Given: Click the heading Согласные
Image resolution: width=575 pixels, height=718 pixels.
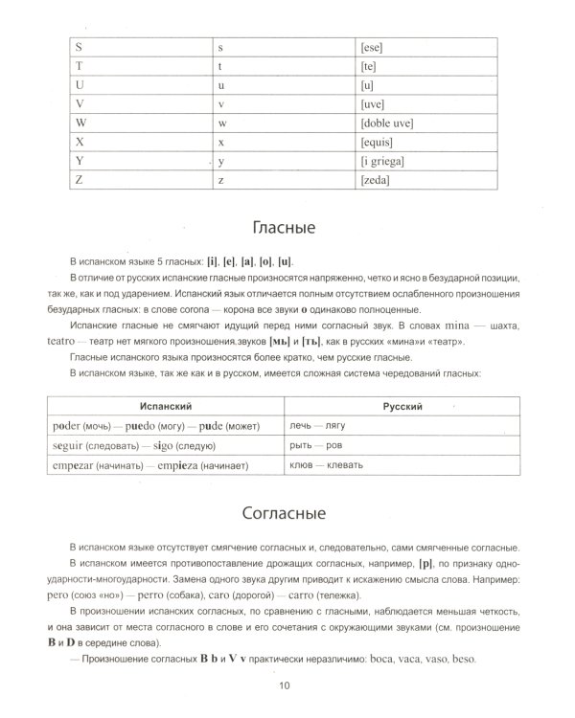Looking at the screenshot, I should pyautogui.click(x=284, y=511).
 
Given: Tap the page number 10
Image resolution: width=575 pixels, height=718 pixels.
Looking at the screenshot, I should pyautogui.click(x=284, y=684).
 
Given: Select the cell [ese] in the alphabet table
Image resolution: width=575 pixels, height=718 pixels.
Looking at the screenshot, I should pyautogui.click(x=371, y=47).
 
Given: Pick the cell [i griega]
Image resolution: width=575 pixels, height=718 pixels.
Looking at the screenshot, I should pyautogui.click(x=381, y=161).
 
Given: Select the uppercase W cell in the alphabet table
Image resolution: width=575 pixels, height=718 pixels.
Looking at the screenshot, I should pyautogui.click(x=80, y=123).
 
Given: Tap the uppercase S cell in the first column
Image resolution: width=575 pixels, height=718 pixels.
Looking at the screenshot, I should pyautogui.click(x=78, y=47).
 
